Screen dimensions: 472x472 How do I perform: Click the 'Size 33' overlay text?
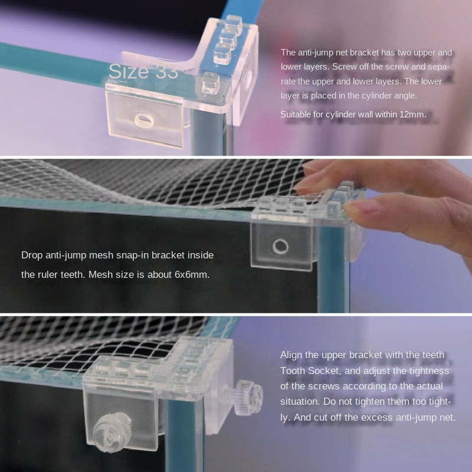(x=143, y=71)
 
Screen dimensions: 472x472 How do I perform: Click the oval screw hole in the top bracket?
(x=144, y=120)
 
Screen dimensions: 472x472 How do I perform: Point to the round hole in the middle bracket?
(x=280, y=247)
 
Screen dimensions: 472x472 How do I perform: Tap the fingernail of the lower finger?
(x=359, y=208)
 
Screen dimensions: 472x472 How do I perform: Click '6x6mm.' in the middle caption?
(x=192, y=274)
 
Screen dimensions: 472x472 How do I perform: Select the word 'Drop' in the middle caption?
(x=32, y=255)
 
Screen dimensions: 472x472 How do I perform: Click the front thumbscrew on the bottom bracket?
(x=112, y=432)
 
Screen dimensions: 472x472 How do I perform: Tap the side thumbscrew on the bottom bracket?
(x=248, y=396)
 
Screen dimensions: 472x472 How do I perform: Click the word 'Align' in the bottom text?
(x=291, y=355)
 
